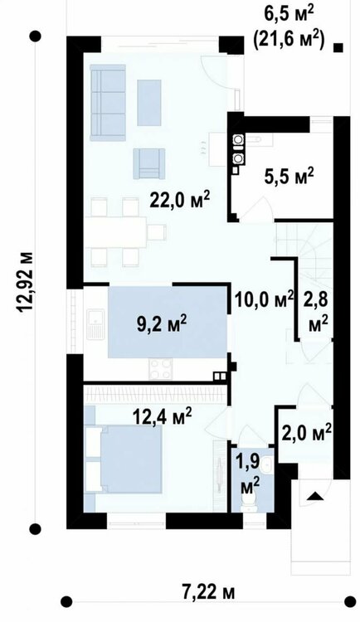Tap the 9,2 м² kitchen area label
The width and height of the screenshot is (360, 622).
162,324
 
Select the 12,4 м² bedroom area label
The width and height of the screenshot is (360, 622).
162,417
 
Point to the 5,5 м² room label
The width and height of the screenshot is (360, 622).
289,176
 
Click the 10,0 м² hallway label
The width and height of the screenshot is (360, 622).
264,299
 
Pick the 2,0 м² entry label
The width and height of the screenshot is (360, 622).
307,433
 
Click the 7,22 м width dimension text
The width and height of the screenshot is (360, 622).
209,593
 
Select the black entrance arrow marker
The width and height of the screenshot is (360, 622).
316,496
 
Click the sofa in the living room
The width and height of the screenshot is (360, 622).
108,103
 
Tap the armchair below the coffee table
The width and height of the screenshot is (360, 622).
148,163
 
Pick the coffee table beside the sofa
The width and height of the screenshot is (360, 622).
149,103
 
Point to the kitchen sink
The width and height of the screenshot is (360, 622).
95,325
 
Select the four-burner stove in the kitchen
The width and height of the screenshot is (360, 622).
161,368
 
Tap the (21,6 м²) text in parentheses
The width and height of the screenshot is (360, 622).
289,41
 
